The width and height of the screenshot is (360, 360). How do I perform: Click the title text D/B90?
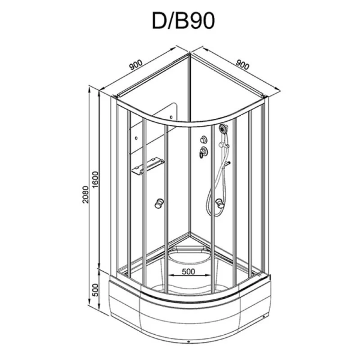pyautogui.click(x=180, y=21)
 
